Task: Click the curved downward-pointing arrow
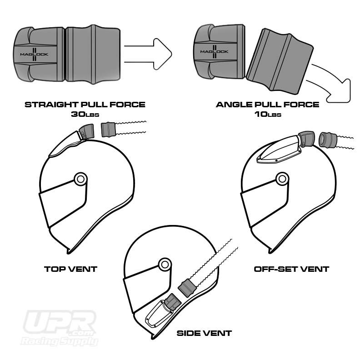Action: [332, 82]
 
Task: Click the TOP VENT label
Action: [70, 269]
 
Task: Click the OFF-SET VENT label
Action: [291, 269]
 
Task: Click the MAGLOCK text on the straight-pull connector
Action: [34, 54]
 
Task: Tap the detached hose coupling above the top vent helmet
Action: [109, 130]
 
